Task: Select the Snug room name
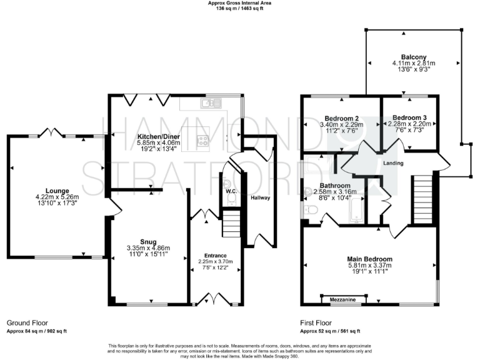tap(148, 240)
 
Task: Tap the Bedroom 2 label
tap(341, 117)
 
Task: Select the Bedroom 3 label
tap(409, 117)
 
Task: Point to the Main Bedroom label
tap(370, 259)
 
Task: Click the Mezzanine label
tap(343, 301)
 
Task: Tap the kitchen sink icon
tap(211, 102)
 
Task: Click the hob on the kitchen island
tap(203, 141)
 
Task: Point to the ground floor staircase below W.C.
tap(231, 221)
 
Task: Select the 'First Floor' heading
tap(316, 323)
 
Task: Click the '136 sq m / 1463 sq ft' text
tap(239, 8)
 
